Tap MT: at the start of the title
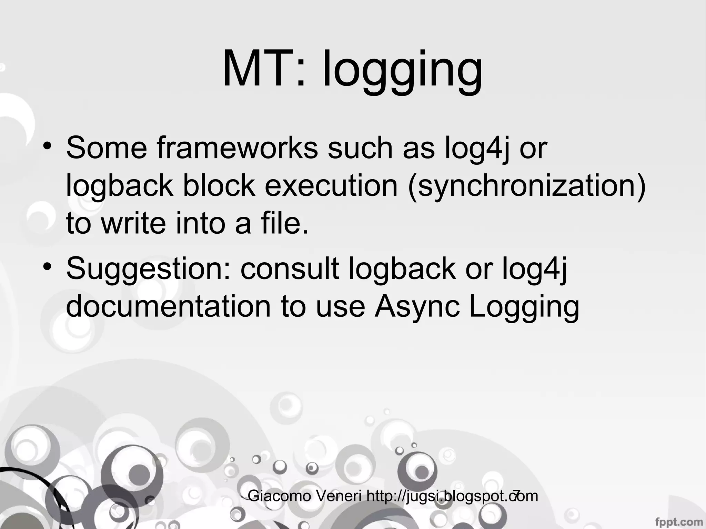point(264,69)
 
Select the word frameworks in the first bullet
point(237,148)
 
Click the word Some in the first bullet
point(107,148)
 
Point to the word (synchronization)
point(526,186)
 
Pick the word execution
point(331,186)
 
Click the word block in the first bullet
point(219,186)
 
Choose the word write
point(134,223)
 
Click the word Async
point(417,307)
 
